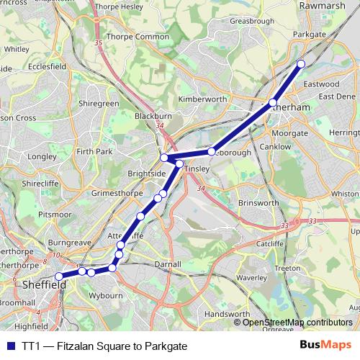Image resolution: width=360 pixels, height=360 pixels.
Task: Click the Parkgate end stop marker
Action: click(x=301, y=65)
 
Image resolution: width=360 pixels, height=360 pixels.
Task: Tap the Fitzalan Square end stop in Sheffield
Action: click(x=59, y=276)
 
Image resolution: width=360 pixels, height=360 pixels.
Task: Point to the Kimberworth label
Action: click(x=202, y=99)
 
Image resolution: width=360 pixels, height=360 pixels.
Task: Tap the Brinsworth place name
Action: click(x=258, y=203)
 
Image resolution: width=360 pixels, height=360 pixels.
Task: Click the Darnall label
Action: click(x=168, y=264)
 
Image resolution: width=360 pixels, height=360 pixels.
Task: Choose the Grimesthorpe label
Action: click(x=118, y=194)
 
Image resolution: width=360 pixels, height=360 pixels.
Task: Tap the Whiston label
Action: click(x=345, y=194)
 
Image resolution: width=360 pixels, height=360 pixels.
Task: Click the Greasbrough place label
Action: click(x=250, y=22)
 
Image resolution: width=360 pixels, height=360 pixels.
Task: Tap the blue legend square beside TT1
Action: click(x=10, y=346)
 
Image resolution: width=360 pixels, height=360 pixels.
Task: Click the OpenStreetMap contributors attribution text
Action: click(x=297, y=322)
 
